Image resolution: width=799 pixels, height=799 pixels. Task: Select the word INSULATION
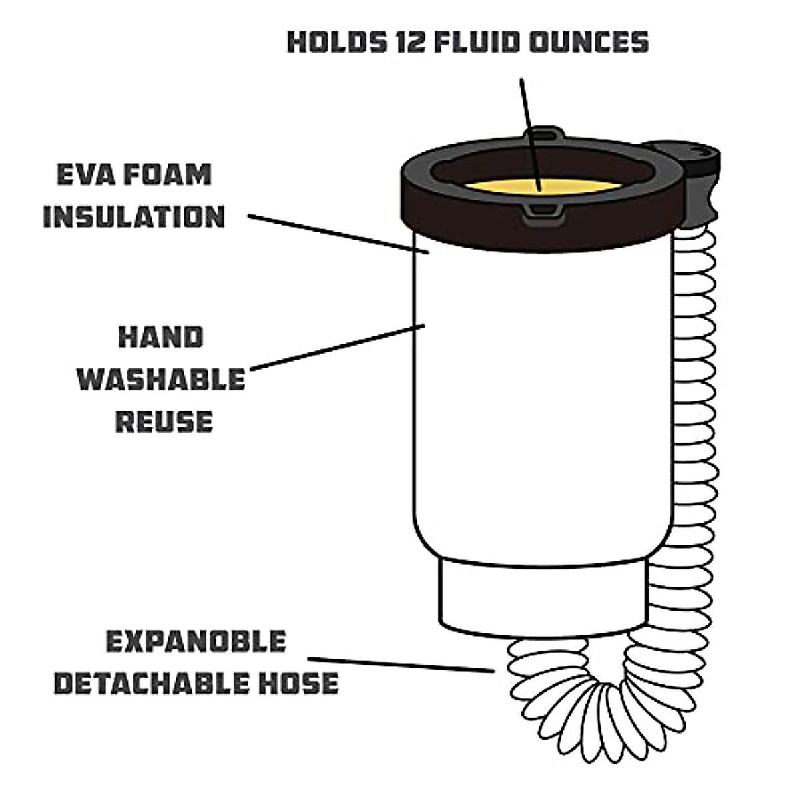tap(134, 217)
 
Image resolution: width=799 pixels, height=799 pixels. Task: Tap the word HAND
tap(160, 338)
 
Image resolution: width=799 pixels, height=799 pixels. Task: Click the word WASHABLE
tap(160, 380)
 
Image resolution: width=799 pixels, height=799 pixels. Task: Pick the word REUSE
tap(164, 421)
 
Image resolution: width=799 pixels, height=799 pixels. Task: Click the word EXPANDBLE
tap(196, 641)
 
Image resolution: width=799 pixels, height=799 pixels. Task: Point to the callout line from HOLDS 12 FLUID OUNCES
tap(531, 133)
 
